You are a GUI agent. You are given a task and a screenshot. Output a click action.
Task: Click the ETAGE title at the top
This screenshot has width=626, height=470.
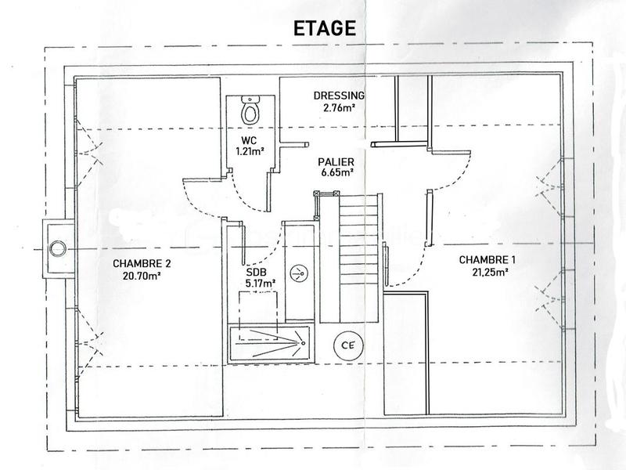323,27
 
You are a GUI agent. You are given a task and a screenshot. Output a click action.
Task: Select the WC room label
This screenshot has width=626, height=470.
250,141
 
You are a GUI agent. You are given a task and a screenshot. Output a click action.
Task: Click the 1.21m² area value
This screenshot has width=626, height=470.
250,152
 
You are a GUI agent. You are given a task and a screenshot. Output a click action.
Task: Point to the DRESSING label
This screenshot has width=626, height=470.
340,96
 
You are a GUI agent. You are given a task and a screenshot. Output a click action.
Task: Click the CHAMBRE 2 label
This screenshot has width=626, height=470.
142,264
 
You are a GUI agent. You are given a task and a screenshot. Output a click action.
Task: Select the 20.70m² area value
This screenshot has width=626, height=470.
142,276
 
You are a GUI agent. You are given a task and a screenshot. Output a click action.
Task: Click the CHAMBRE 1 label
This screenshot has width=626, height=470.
487,260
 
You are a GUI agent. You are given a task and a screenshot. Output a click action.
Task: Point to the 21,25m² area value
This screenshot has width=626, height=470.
487,272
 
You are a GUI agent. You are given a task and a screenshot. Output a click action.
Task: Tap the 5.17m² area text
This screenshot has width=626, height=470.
259,283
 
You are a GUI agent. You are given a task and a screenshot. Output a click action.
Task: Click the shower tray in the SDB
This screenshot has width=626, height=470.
268,343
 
